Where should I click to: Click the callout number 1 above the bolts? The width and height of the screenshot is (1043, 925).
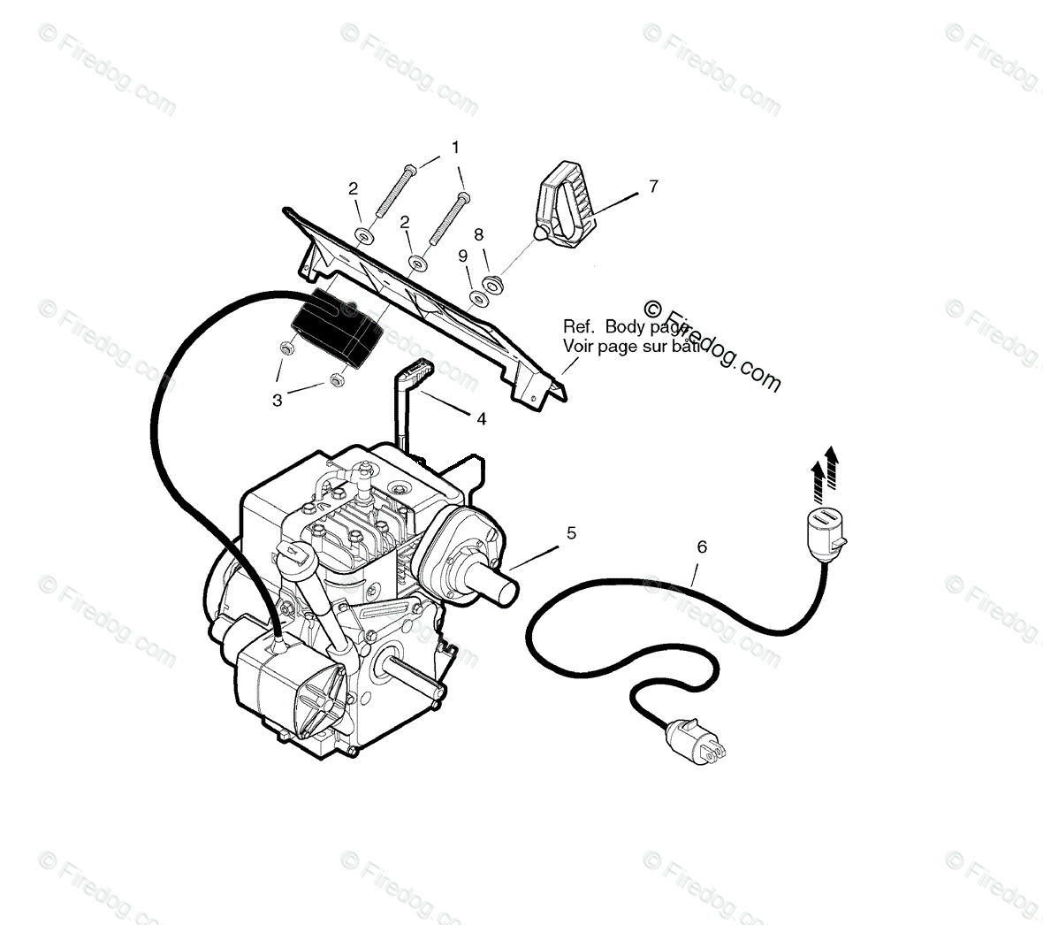tap(455, 147)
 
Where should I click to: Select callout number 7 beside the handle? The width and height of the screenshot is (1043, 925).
tap(653, 187)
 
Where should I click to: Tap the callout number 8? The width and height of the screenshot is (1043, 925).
tap(478, 235)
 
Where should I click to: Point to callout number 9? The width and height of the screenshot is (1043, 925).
tap(462, 256)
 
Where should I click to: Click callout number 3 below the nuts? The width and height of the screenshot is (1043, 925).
tap(278, 401)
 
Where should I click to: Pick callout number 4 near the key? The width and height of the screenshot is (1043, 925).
tap(481, 419)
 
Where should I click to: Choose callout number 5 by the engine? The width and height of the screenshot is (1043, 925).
tap(571, 532)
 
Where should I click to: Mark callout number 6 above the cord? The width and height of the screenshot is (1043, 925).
tap(702, 547)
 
